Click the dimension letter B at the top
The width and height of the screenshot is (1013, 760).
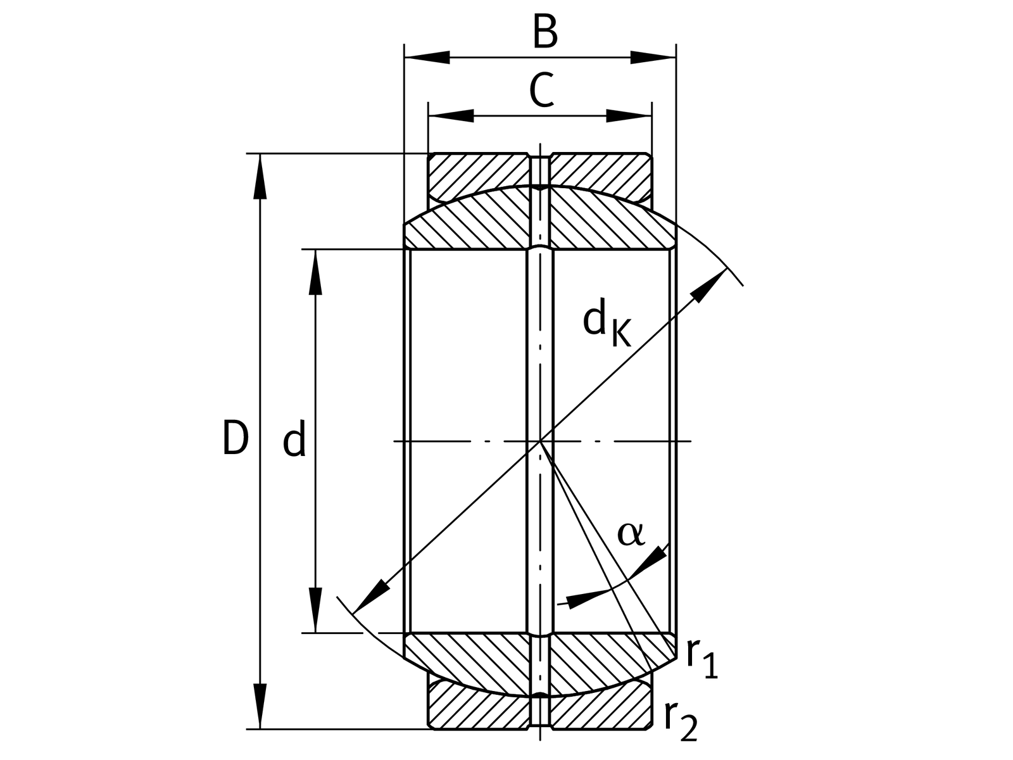click(x=545, y=32)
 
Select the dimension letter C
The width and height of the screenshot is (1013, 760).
click(x=541, y=90)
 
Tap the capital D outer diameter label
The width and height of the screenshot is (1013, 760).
click(x=236, y=438)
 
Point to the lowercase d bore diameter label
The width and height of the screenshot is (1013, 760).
click(x=294, y=438)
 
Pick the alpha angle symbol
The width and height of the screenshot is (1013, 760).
click(x=631, y=534)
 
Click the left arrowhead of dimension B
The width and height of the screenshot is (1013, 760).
click(x=427, y=58)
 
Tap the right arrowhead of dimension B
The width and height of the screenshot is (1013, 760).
click(x=653, y=58)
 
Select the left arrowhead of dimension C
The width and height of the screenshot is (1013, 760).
click(x=451, y=116)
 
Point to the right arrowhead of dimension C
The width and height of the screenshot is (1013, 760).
click(x=629, y=116)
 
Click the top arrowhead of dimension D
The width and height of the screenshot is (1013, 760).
click(x=260, y=176)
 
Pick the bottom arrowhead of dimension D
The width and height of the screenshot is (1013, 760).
click(x=260, y=706)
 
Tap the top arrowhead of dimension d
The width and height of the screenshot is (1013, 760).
click(x=315, y=272)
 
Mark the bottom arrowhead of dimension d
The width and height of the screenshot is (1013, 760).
click(x=315, y=609)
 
